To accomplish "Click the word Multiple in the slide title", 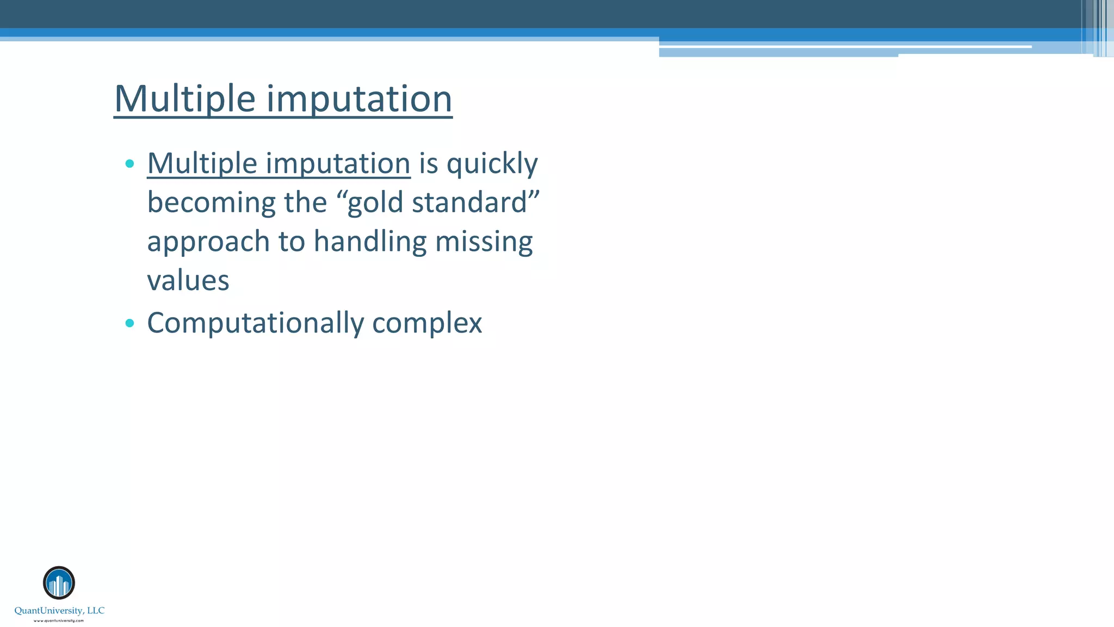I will pyautogui.click(x=184, y=99).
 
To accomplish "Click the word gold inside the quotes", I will pyautogui.click(x=375, y=203).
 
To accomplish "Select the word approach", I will pyautogui.click(x=208, y=242).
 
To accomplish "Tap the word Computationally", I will pyautogui.click(x=255, y=323).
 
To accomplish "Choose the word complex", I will pyautogui.click(x=427, y=323).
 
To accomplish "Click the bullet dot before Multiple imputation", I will pyautogui.click(x=129, y=163).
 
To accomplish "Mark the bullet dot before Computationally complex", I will pyautogui.click(x=129, y=323).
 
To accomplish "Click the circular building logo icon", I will pyautogui.click(x=59, y=583).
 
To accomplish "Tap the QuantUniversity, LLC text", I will pyautogui.click(x=59, y=611).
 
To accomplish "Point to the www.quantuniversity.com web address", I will pyautogui.click(x=59, y=620).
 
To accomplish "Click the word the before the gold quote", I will pyautogui.click(x=305, y=202).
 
